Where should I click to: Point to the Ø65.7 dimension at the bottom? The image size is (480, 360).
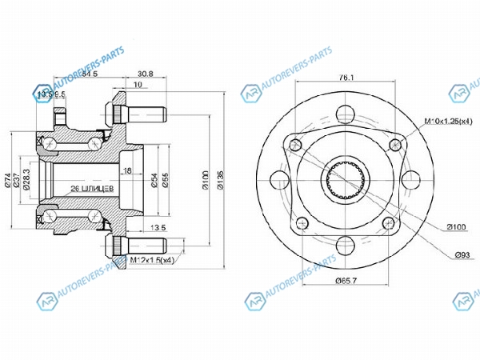pos(346,281)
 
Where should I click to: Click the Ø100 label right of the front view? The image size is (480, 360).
pos(455,227)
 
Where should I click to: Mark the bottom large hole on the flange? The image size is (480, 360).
pos(346,246)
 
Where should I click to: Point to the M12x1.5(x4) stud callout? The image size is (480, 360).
pos(152,261)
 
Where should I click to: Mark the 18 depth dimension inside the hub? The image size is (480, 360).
pos(126,170)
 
